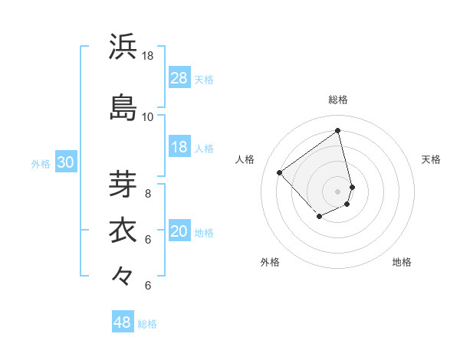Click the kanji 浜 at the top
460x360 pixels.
pyautogui.click(x=123, y=47)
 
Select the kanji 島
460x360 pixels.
pyautogui.click(x=123, y=107)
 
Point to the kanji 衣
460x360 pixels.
pyautogui.click(x=123, y=230)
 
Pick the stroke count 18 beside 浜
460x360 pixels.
pyautogui.click(x=148, y=56)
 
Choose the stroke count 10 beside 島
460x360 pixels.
pyautogui.click(x=148, y=117)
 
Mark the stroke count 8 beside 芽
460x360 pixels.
pyautogui.click(x=148, y=193)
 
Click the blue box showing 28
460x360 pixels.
pyautogui.click(x=179, y=78)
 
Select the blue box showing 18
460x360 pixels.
pyautogui.click(x=179, y=147)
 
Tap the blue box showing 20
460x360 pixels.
pyautogui.click(x=179, y=232)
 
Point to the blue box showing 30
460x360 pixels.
pyautogui.click(x=65, y=162)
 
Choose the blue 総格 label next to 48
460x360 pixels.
pyautogui.click(x=148, y=324)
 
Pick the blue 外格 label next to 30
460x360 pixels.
pyautogui.click(x=41, y=163)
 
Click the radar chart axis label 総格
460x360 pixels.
pyautogui.click(x=338, y=100)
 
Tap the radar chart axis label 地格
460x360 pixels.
pyautogui.click(x=402, y=263)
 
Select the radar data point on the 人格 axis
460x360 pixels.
pyautogui.click(x=280, y=173)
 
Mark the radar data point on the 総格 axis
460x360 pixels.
pyautogui.click(x=338, y=130)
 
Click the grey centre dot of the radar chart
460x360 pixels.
pyautogui.click(x=338, y=191)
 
